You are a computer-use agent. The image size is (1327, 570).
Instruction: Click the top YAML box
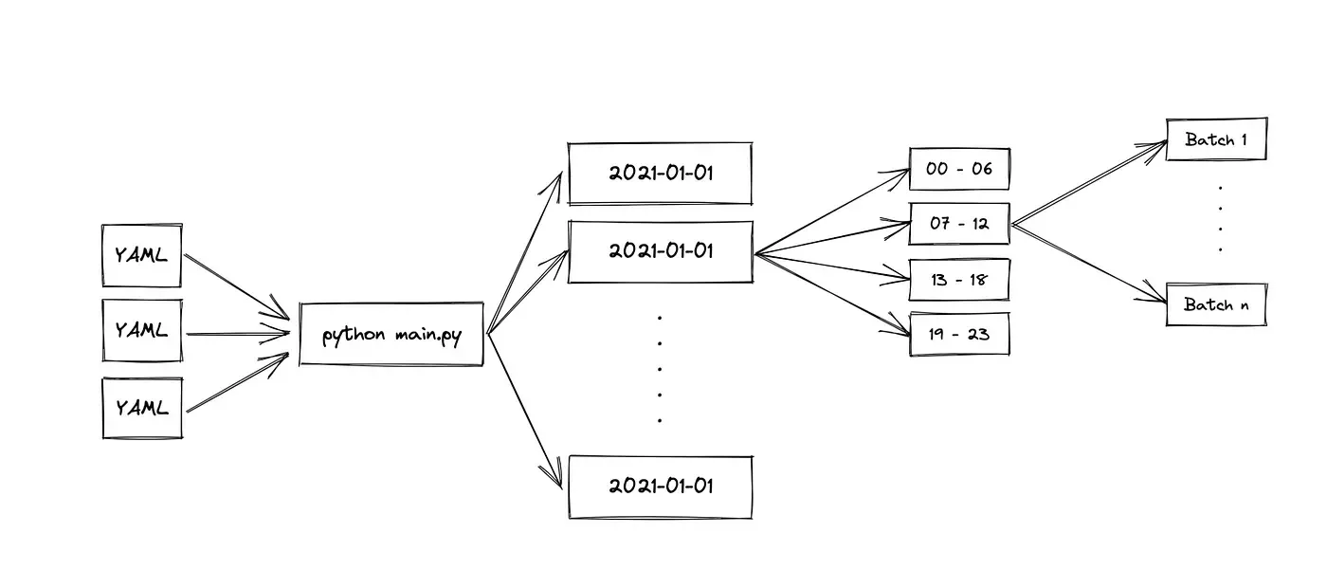[x=142, y=255]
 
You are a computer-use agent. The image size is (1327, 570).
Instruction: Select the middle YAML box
[x=142, y=331]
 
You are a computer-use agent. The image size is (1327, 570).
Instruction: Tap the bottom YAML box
[x=142, y=408]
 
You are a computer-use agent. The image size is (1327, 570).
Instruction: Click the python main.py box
[x=391, y=335]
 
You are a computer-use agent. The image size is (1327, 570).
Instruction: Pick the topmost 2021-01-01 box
[x=660, y=174]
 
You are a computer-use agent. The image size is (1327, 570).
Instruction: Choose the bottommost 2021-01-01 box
[x=660, y=487]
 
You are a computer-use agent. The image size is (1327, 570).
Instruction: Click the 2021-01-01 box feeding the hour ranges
[x=660, y=251]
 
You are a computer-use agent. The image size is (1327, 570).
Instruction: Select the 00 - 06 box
[x=959, y=169]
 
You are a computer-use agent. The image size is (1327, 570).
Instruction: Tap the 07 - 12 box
[x=959, y=224]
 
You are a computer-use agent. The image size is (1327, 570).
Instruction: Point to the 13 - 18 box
[x=959, y=279]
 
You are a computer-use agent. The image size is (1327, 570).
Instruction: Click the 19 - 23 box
[x=959, y=334]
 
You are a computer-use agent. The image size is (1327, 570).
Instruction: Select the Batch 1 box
[x=1216, y=139]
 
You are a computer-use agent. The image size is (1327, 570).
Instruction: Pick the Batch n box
[x=1216, y=305]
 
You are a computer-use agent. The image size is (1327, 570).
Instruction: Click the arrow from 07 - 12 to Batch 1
[x=1090, y=184]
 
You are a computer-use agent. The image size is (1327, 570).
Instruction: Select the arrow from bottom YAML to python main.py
[x=237, y=383]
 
